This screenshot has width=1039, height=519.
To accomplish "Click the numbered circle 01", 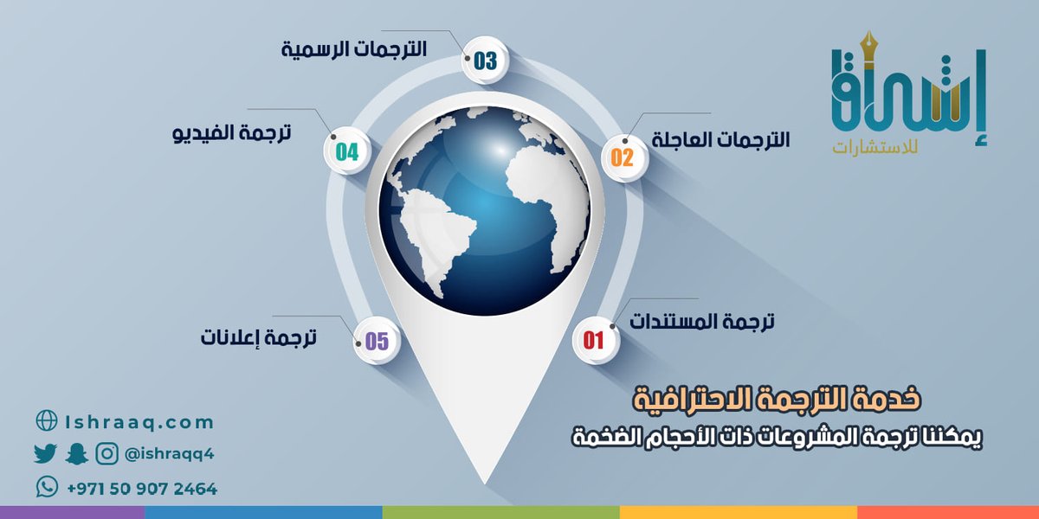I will [594, 340].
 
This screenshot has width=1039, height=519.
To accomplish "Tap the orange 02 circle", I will [623, 157].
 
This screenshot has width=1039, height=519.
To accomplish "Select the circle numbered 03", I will [485, 61].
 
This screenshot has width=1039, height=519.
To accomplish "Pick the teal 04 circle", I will [347, 152].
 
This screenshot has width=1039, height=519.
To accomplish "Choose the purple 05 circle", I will [377, 341].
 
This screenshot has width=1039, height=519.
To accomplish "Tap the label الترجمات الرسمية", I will [354, 49].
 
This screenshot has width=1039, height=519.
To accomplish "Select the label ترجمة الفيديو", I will [232, 133].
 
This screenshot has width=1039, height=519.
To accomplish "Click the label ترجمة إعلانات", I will [259, 337].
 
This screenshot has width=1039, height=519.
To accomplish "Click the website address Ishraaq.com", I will [139, 422].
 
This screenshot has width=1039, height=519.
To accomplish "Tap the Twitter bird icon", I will [45, 453].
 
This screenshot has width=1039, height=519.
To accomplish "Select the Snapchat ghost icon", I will [76, 453].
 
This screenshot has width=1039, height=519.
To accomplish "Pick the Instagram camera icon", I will [107, 453].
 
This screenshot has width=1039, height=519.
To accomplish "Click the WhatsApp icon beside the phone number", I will [47, 488].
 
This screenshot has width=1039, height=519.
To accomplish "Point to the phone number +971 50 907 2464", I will [142, 489].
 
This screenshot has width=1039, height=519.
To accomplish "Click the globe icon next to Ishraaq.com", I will [46, 421].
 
